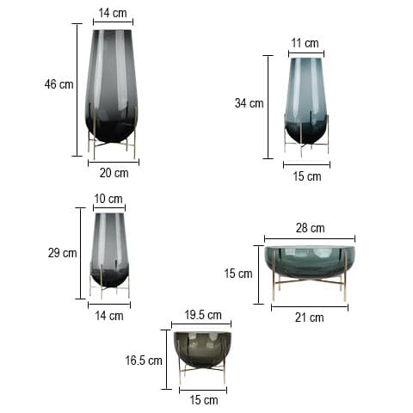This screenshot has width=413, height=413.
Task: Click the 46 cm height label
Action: pyautogui.click(x=59, y=84)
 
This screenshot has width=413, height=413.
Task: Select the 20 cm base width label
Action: pyautogui.click(x=114, y=173)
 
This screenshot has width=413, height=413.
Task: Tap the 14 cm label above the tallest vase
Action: pyautogui.click(x=113, y=14)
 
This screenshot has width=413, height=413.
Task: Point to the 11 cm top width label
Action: pyautogui.click(x=305, y=43)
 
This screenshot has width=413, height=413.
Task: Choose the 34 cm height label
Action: pyautogui.click(x=249, y=103)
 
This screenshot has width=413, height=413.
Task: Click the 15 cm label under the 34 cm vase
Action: pyautogui.click(x=306, y=176)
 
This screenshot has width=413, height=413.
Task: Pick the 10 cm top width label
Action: pyautogui.click(x=108, y=199)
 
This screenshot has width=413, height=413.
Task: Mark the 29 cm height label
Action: pyautogui.click(x=63, y=253)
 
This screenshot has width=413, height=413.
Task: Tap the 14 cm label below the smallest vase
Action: pyautogui.click(x=109, y=316)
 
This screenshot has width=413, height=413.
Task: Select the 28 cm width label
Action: pyautogui.click(x=310, y=228)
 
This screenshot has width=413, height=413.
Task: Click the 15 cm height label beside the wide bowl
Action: pyautogui.click(x=237, y=274)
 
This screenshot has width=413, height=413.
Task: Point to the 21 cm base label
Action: pyautogui.click(x=310, y=317)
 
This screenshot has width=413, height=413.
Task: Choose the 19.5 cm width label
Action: pyautogui.click(x=202, y=315)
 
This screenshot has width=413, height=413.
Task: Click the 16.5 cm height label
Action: pyautogui.click(x=144, y=361)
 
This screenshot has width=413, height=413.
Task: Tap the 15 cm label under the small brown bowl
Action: pyautogui.click(x=203, y=400)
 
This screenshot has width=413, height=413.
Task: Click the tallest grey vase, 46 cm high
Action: pyautogui.click(x=112, y=86)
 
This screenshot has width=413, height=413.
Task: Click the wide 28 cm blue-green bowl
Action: pyautogui.click(x=310, y=262)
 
